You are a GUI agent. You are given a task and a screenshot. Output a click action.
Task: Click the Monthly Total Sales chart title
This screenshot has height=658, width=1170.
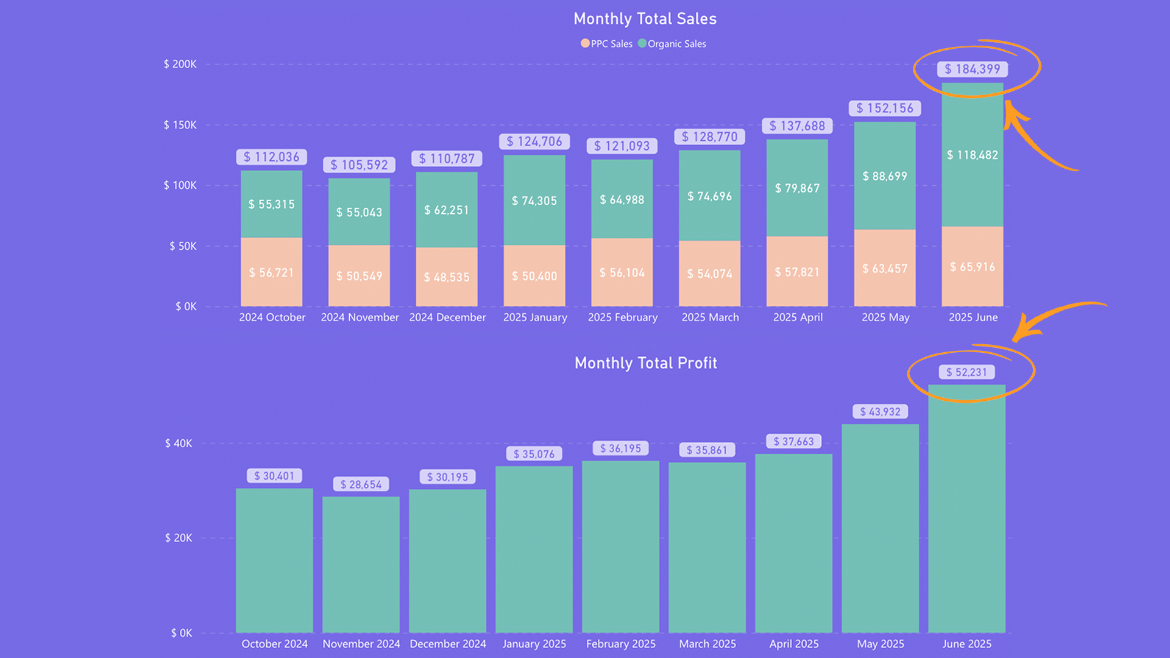tap(645, 19)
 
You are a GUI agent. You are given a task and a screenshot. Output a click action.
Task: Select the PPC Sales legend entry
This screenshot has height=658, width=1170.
tap(606, 44)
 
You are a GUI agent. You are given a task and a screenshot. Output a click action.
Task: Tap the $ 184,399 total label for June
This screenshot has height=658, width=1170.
tap(972, 69)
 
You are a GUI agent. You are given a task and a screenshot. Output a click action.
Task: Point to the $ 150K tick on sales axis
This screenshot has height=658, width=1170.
tap(180, 125)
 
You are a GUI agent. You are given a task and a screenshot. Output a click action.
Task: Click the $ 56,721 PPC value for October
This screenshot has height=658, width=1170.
tap(271, 273)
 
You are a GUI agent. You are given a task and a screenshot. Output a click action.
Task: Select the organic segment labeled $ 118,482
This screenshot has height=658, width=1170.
tap(972, 155)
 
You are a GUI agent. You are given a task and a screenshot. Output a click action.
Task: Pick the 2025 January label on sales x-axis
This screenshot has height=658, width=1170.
tap(535, 317)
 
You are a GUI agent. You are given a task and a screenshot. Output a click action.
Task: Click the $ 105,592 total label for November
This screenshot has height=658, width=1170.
tap(359, 165)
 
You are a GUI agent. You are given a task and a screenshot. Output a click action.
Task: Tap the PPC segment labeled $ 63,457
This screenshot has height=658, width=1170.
tap(885, 269)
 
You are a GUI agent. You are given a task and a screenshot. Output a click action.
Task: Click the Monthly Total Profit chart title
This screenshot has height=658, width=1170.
tap(645, 363)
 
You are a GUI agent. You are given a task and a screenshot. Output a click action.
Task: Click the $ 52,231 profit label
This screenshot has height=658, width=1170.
tap(966, 372)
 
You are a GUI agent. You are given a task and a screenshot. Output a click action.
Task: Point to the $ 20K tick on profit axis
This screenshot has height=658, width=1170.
tap(178, 538)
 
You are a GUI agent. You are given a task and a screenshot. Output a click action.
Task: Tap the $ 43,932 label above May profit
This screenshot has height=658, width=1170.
tap(880, 412)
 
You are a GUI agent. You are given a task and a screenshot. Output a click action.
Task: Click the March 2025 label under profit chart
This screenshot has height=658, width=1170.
tap(707, 644)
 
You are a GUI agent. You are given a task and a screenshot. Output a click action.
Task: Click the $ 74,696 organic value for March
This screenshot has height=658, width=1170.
tap(709, 197)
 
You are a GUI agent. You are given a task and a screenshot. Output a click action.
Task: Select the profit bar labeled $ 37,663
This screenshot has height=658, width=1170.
tap(793, 542)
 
